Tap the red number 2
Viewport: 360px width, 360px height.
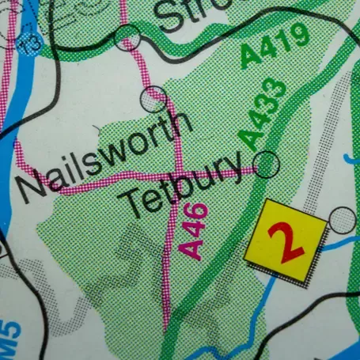click(286, 241)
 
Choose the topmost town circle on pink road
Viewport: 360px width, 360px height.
click(127, 37)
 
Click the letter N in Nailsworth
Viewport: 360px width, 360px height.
click(32, 188)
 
